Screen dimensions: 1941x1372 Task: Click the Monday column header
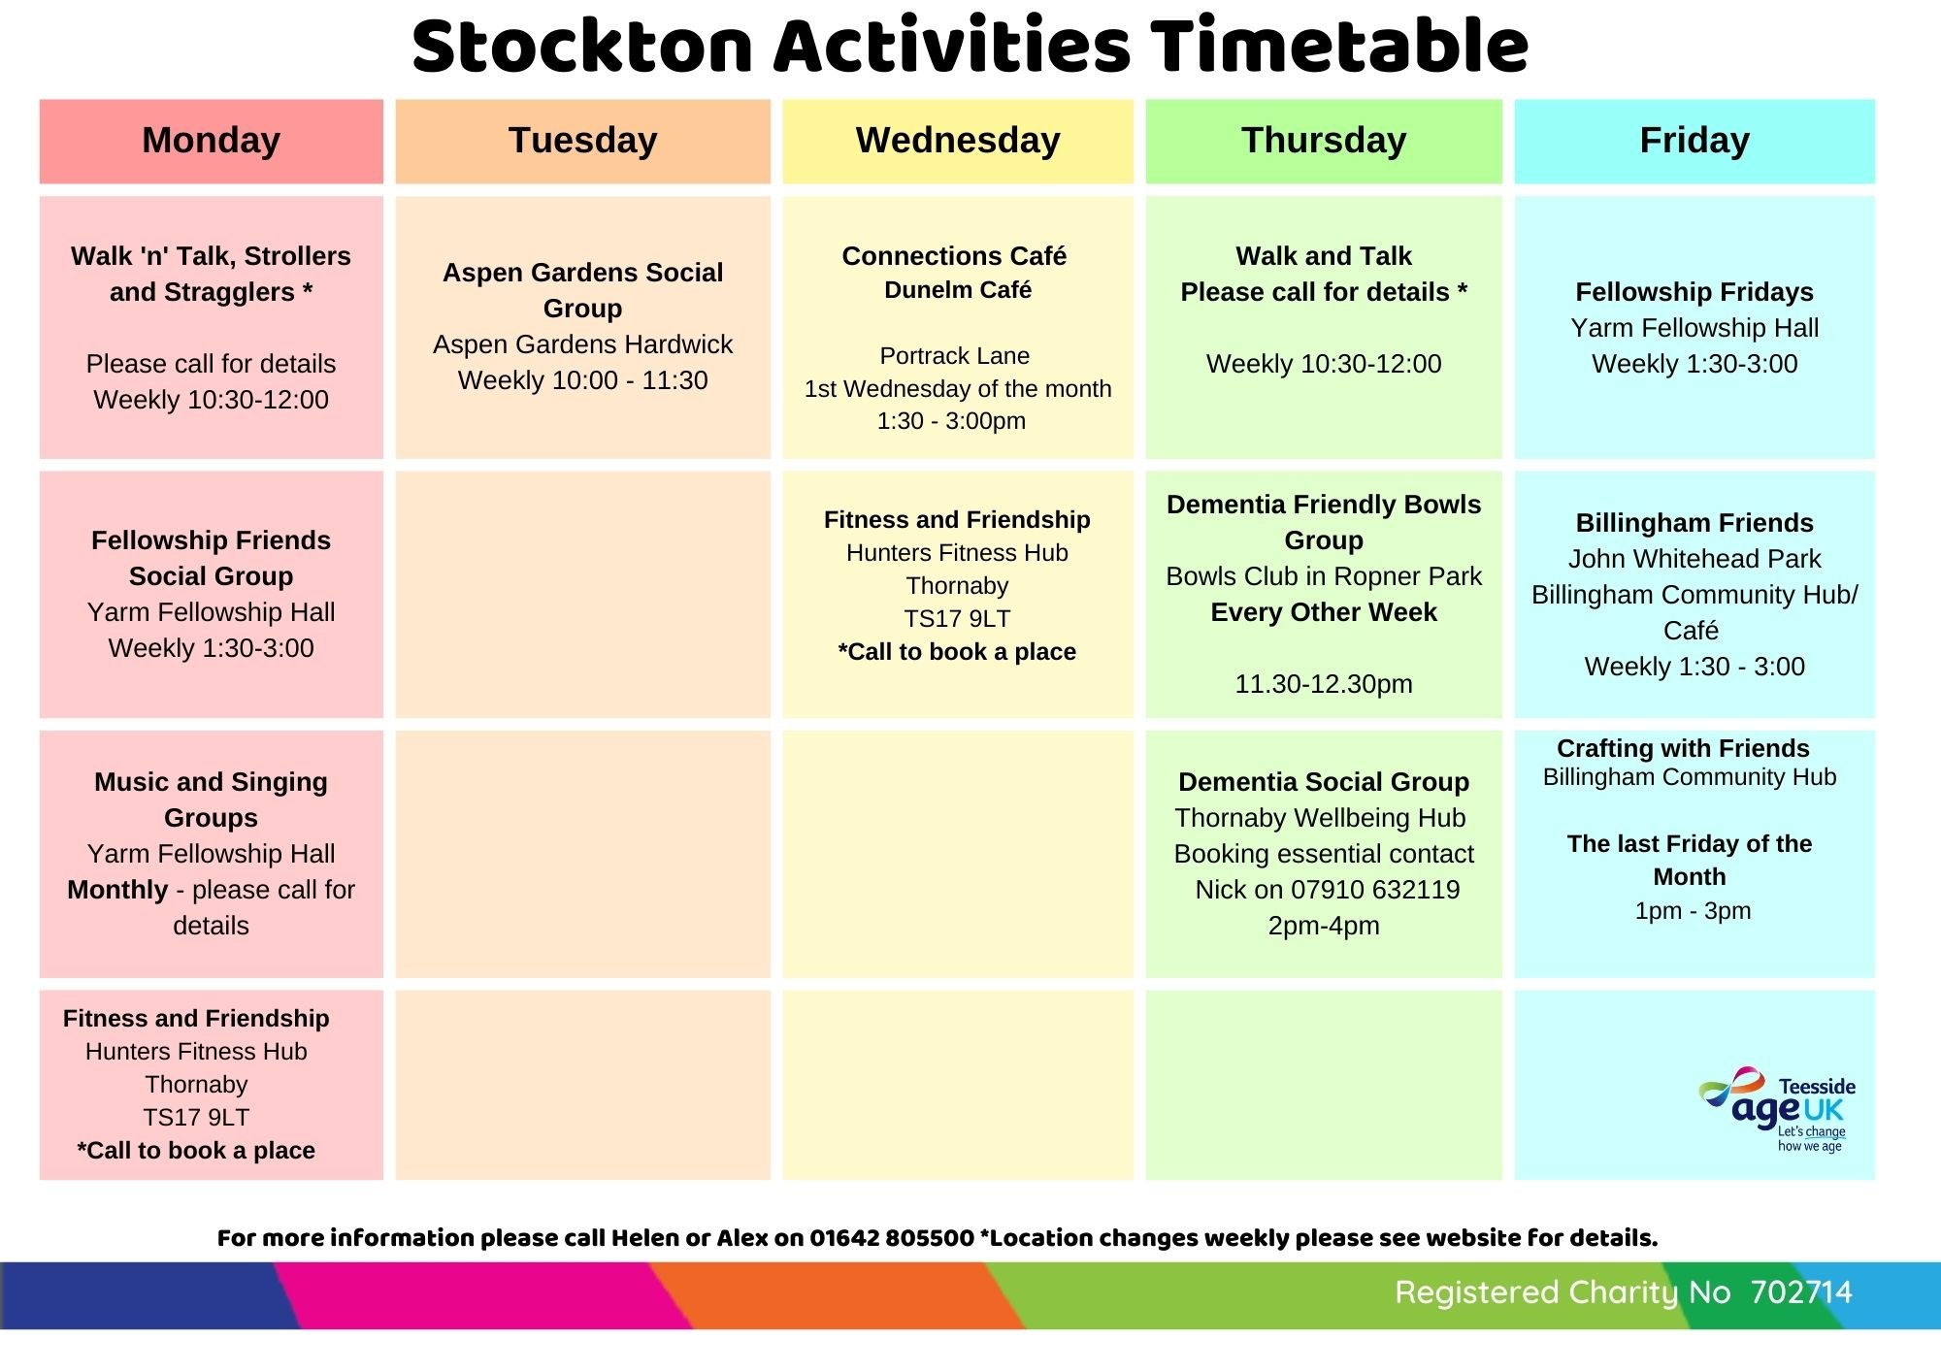[211, 141]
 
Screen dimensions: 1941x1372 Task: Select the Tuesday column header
[582, 141]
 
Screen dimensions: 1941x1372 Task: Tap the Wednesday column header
[958, 141]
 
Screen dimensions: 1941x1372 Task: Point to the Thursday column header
[1324, 141]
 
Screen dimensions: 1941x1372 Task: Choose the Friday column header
[1694, 141]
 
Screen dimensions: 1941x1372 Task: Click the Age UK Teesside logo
[1776, 1109]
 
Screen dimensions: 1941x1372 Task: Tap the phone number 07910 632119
[1375, 890]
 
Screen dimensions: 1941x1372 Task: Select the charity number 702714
[1801, 1292]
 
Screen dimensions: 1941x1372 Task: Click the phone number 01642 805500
[892, 1238]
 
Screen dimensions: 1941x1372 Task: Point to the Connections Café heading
[954, 256]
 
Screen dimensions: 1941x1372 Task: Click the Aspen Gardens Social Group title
[582, 290]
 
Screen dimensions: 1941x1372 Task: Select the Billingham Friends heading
[1694, 523]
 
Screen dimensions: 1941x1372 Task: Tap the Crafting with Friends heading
[1683, 748]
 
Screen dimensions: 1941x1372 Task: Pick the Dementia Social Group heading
[1324, 782]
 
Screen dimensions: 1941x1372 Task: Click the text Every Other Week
[1324, 612]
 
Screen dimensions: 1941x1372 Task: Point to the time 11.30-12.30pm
[1324, 684]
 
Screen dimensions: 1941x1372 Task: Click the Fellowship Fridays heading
[1694, 292]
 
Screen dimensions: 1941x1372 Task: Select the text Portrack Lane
[955, 356]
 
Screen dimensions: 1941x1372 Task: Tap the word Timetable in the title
[1340, 46]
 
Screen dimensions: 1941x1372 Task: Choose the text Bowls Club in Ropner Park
[1324, 576]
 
